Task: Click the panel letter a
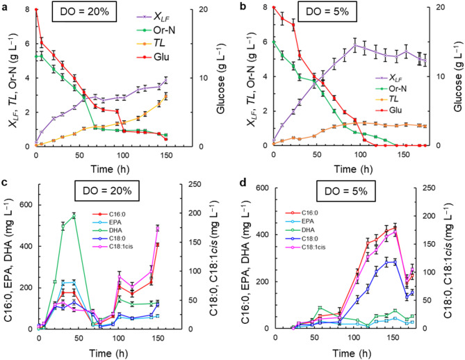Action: click(6, 6)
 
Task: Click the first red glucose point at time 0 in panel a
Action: click(35, 9)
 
